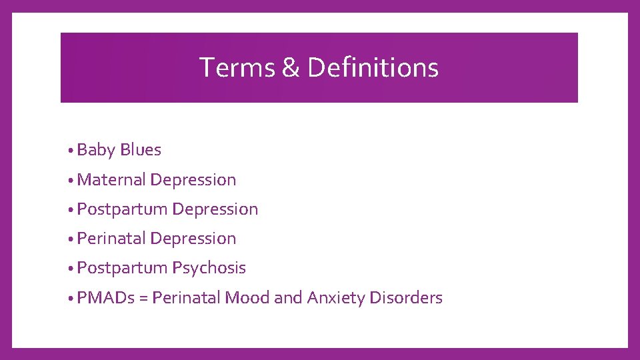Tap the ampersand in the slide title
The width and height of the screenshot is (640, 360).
tap(291, 67)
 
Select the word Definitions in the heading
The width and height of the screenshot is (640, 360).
tap(373, 67)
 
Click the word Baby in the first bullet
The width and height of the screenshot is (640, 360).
tap(96, 150)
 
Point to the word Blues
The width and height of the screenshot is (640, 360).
tap(141, 150)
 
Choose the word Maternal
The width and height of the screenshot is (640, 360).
tap(111, 179)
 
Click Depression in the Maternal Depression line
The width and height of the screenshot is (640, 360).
tap(193, 180)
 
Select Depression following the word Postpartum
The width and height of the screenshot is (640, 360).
tap(215, 209)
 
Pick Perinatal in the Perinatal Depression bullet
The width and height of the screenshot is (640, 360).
tap(111, 238)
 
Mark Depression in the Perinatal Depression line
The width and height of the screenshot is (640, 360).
tap(193, 239)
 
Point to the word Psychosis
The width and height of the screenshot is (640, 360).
tap(209, 268)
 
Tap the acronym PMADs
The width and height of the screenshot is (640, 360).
tap(105, 297)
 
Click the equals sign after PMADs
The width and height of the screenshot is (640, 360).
tap(143, 298)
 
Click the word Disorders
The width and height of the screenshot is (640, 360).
tap(408, 297)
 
